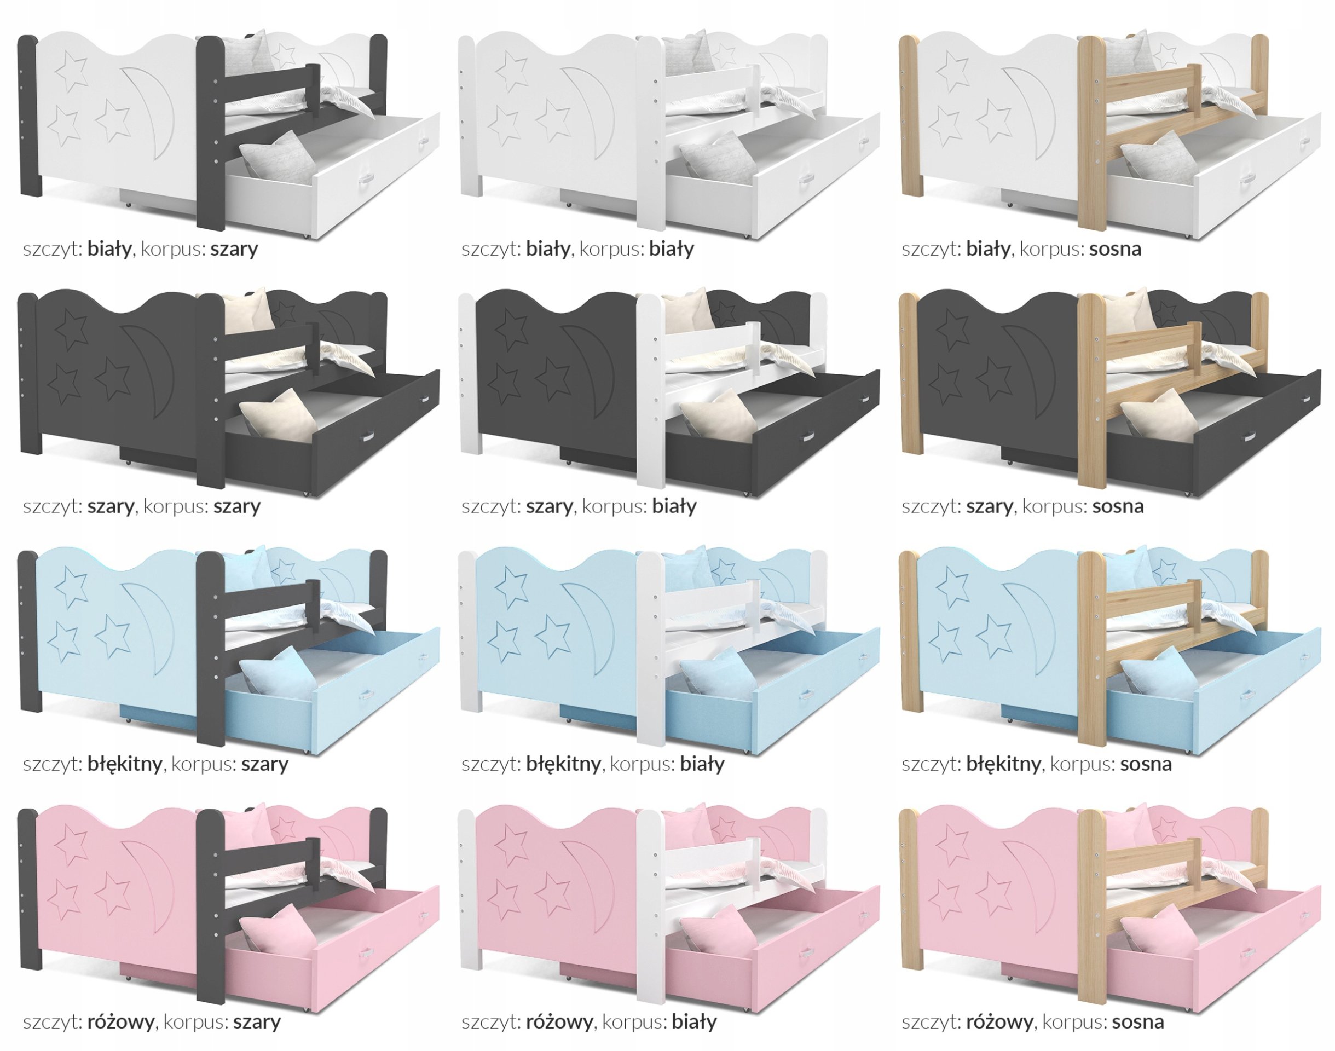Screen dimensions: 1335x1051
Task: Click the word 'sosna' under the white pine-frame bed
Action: click(x=1115, y=249)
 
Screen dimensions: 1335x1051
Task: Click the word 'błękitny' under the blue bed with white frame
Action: click(x=563, y=765)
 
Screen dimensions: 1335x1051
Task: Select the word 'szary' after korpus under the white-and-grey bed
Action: click(x=234, y=249)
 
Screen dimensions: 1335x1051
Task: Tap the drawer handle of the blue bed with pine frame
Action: click(x=1249, y=695)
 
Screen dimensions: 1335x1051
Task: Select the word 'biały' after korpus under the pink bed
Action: click(x=694, y=1023)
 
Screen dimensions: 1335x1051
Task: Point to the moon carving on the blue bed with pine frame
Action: click(x=1030, y=628)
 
